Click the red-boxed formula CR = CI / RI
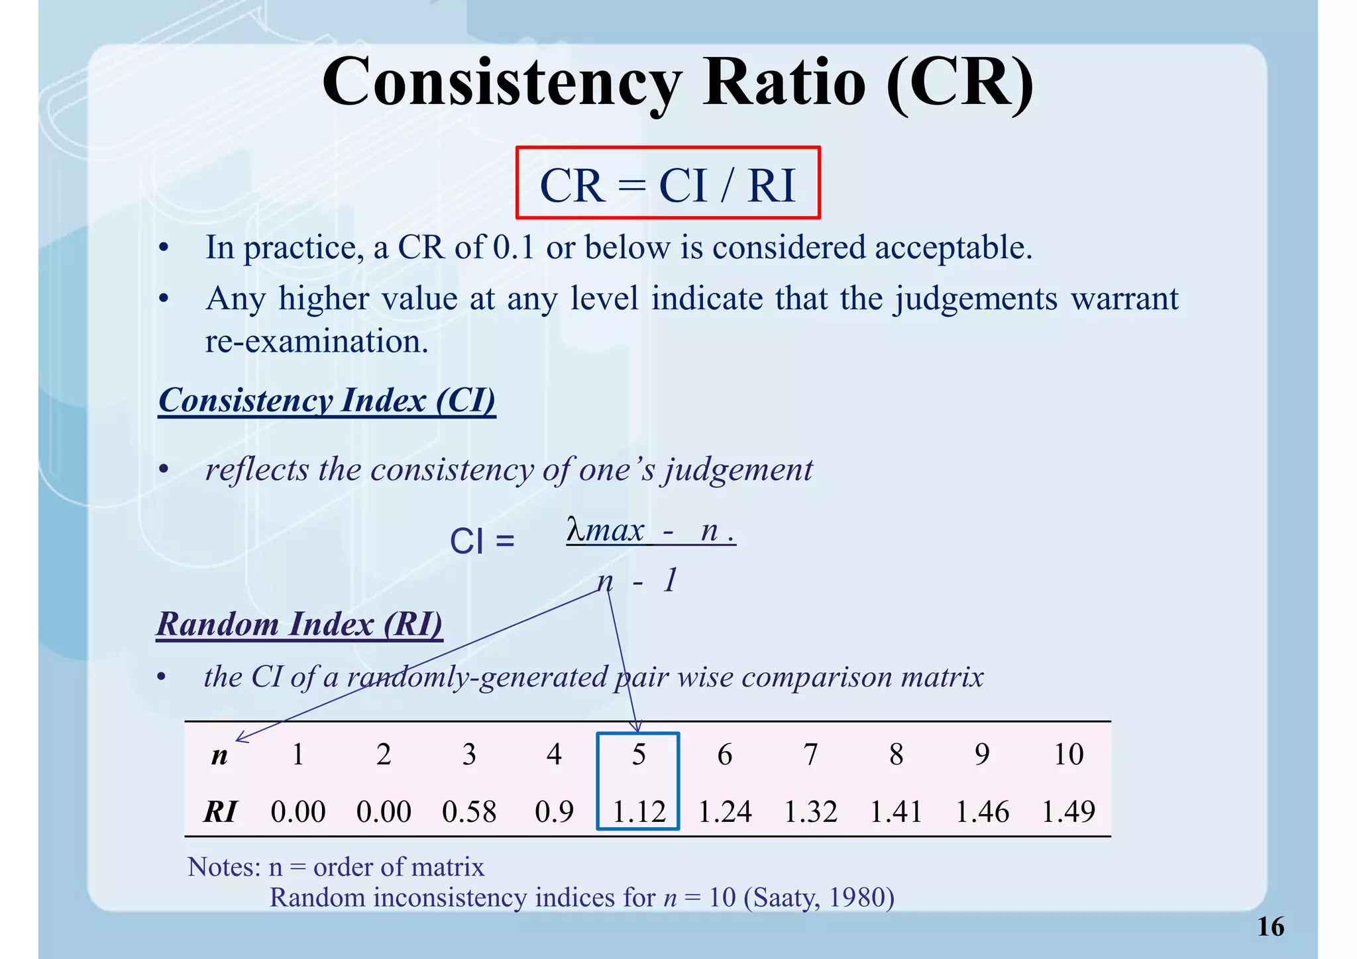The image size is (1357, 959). tap(667, 185)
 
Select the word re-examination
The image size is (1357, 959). tap(317, 342)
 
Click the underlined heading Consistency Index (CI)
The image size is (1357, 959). tap(327, 400)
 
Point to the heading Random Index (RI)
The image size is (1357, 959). tap(299, 624)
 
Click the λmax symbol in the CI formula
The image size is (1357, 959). tap(605, 530)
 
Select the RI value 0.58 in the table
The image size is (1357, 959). tap(469, 812)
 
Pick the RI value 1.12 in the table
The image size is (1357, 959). tap(639, 812)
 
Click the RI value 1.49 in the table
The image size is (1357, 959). tap(1068, 812)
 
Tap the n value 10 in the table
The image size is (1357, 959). tap(1068, 754)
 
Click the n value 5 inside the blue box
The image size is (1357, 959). tap(639, 754)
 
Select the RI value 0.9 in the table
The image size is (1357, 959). tap(554, 812)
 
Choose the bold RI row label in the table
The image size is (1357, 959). tap(220, 812)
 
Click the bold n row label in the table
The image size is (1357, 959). tap(219, 756)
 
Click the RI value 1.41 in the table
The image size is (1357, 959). tap(896, 812)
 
